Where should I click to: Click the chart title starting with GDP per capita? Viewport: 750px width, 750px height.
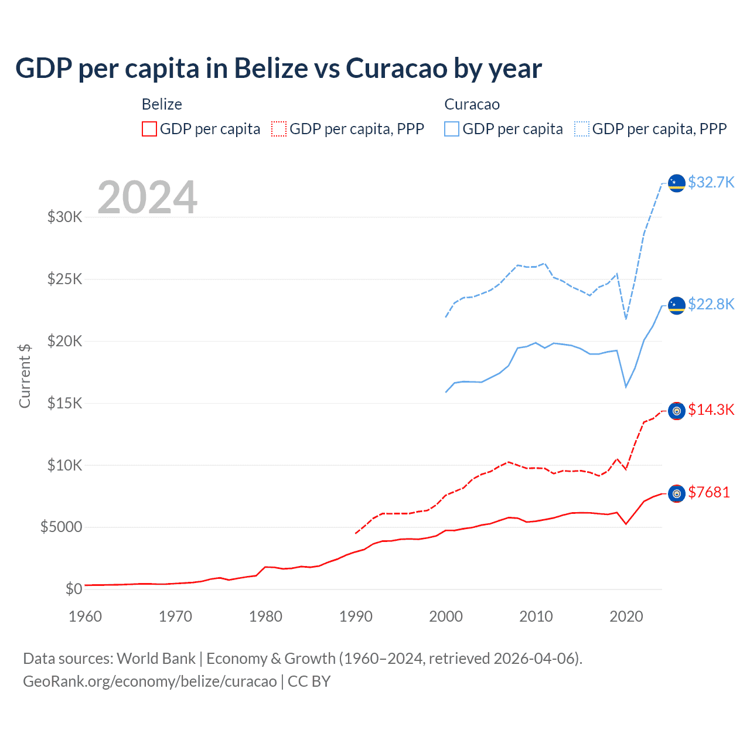point(278,68)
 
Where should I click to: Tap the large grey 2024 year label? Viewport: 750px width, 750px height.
point(147,197)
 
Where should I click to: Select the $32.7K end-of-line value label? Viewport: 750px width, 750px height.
point(711,182)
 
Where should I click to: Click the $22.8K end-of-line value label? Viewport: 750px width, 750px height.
point(711,304)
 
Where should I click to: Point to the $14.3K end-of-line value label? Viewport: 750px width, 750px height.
point(711,410)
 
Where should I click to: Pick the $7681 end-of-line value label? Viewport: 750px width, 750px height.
point(709,492)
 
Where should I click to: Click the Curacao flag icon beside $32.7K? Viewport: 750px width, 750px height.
point(677,183)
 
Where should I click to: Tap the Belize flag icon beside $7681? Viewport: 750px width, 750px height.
point(677,494)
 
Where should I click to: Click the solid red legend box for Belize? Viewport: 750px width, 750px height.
point(149,129)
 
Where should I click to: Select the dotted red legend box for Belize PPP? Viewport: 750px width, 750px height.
point(279,129)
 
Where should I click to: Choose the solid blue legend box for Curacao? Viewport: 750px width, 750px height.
point(452,129)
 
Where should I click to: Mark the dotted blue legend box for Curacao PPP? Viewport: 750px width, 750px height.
point(582,129)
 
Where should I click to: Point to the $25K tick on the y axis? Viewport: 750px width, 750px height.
point(64,279)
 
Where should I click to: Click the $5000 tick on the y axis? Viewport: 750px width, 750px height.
point(61,527)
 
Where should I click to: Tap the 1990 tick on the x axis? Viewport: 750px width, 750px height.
point(356,616)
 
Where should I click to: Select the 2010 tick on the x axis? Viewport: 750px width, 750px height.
point(536,616)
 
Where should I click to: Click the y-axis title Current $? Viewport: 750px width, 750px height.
point(25,376)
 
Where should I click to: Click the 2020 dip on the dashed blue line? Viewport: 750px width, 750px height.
point(626,319)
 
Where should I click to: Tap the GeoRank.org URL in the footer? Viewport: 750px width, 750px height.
point(149,681)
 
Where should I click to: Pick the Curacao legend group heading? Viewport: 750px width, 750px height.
point(472,104)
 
